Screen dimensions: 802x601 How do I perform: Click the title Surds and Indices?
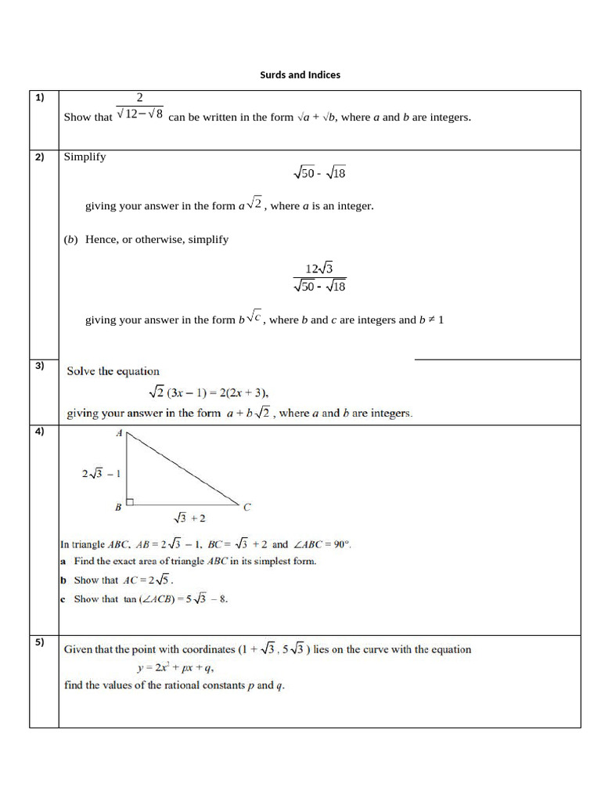coord(300,75)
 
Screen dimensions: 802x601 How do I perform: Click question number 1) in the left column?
coord(40,98)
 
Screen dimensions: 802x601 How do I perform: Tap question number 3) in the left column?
coord(40,365)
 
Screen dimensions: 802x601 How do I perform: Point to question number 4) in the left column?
coord(40,432)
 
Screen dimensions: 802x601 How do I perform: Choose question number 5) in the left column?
coord(40,643)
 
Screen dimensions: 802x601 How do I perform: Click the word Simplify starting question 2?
coord(85,157)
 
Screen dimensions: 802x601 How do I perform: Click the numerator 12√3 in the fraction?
coord(319,269)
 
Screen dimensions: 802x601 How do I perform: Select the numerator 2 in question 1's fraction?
coord(139,98)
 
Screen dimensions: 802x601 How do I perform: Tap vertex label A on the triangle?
coord(118,433)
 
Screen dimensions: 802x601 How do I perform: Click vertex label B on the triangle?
coord(118,508)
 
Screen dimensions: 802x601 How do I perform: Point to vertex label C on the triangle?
coord(247,508)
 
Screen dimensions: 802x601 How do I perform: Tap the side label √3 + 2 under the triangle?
coord(189,518)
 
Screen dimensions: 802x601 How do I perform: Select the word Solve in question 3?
coord(81,371)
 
